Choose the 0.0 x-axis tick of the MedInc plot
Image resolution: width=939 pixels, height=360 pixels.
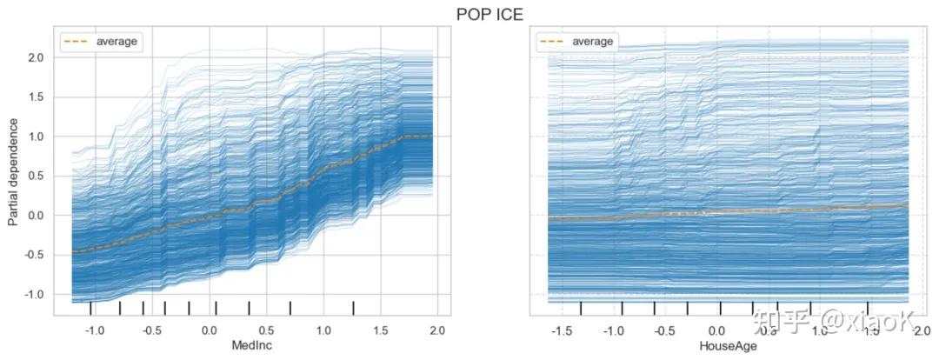[210, 330]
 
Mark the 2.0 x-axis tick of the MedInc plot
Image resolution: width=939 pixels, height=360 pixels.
[437, 330]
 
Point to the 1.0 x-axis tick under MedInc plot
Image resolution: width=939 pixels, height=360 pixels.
[323, 330]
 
